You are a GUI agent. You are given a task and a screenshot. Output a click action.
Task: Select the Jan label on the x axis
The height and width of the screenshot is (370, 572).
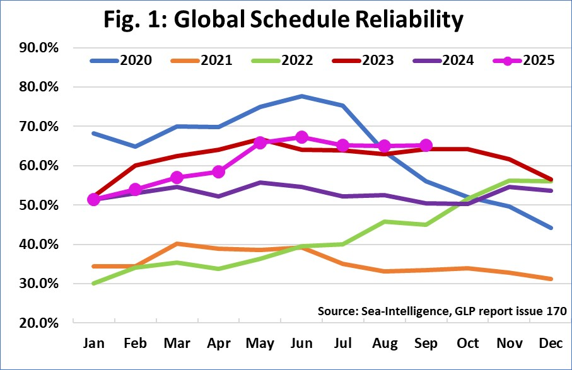coord(94,344)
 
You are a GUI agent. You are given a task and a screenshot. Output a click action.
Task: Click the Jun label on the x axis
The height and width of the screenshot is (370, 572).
coord(301,344)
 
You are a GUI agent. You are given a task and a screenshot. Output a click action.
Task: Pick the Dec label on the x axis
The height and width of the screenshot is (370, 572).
coord(550,344)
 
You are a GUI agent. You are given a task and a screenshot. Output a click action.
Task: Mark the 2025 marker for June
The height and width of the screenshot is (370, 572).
coord(301,137)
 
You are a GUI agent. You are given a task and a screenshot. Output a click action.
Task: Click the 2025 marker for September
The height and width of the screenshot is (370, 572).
coord(426,146)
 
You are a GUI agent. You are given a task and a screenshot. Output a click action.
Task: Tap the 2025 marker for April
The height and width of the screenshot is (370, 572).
coord(219,171)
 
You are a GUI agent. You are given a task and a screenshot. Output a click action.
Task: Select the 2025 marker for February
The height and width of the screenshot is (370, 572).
coord(136,190)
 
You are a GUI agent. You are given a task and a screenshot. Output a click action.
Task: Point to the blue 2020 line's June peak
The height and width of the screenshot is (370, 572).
coord(301,96)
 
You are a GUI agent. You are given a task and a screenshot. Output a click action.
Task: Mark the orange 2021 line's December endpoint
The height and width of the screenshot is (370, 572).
coord(550,279)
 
